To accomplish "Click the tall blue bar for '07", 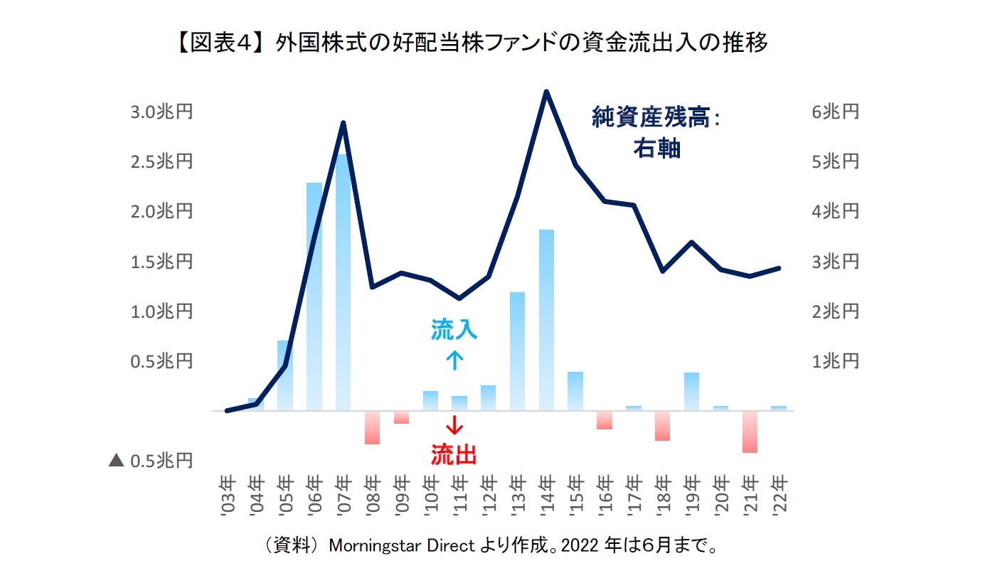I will tap(343, 284).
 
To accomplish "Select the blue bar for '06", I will tap(314, 299).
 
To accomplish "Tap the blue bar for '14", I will tap(546, 320).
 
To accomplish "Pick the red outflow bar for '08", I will tap(372, 427).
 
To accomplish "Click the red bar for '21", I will tap(750, 432).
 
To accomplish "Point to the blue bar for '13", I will tap(517, 352).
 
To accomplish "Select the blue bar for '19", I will tap(691, 392).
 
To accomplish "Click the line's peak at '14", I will tap(546, 92).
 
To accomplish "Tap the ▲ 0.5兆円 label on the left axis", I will tap(151, 461).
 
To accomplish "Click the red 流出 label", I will tap(454, 454).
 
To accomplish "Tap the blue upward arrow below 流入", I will tap(454, 360).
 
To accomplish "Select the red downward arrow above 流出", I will tap(454, 425).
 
